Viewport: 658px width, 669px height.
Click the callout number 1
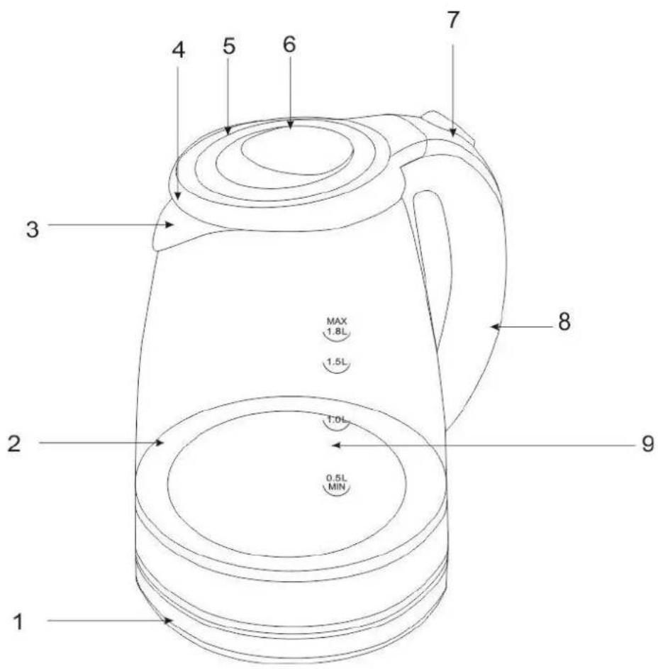[x=18, y=621]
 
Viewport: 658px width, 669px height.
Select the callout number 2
[x=13, y=443]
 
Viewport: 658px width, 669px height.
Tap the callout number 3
[x=33, y=229]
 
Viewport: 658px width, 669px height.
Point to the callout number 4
[x=178, y=50]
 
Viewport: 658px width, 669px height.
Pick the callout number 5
[x=229, y=45]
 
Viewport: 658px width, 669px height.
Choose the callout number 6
[x=289, y=44]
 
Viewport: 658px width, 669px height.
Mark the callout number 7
[x=453, y=20]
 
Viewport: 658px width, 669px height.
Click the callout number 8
[x=564, y=321]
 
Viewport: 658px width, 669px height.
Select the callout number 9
[x=648, y=443]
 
